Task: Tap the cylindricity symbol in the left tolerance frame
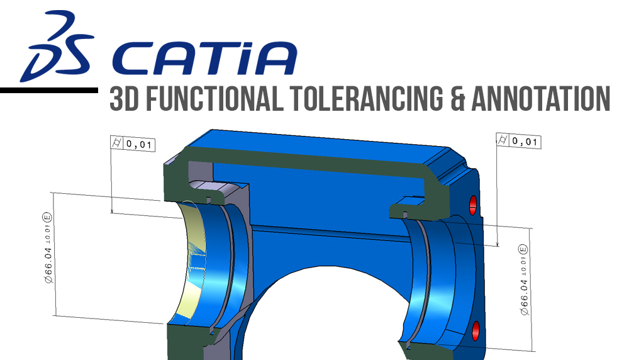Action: coord(117,144)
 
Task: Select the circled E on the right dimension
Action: coord(523,247)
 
